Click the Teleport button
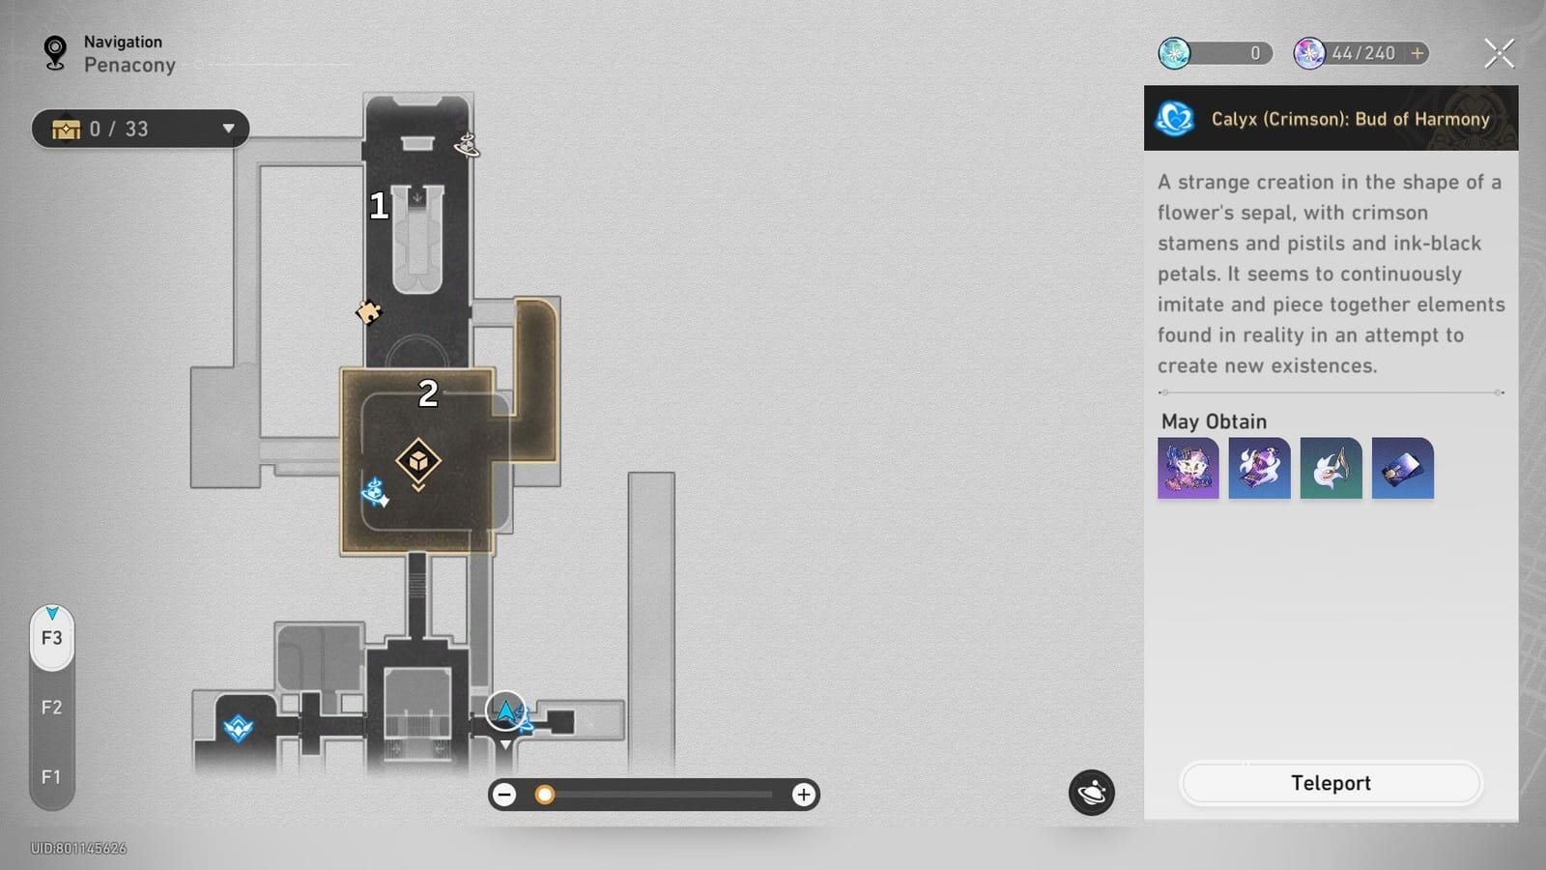pyautogui.click(x=1331, y=783)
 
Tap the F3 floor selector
pyautogui.click(x=52, y=638)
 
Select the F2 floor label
pyautogui.click(x=52, y=707)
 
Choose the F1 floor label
pyautogui.click(x=52, y=777)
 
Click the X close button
pyautogui.click(x=1499, y=54)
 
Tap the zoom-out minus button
pyautogui.click(x=504, y=795)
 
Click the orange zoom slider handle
pyautogui.click(x=545, y=795)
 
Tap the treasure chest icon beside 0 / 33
pyautogui.click(x=67, y=130)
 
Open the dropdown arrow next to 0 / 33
pyautogui.click(x=228, y=129)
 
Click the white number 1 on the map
pyautogui.click(x=378, y=206)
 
